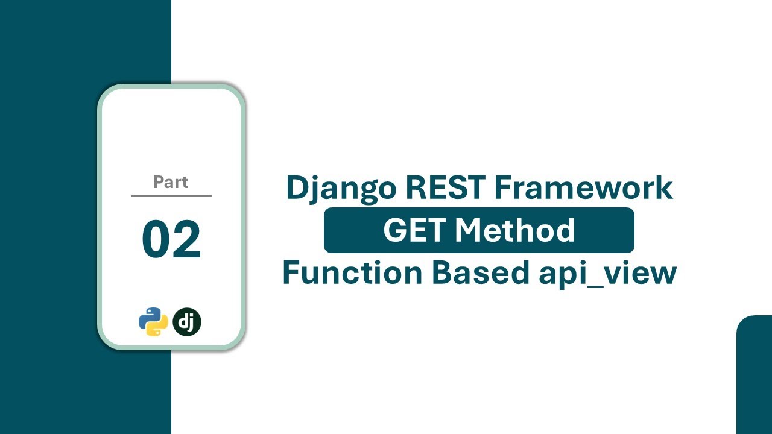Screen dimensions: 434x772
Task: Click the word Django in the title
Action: click(341, 188)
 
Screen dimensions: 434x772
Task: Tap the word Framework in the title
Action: click(584, 187)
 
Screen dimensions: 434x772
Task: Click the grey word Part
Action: click(171, 182)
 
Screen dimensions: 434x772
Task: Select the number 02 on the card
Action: click(171, 240)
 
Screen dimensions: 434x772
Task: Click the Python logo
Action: click(153, 322)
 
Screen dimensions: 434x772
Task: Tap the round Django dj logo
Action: click(187, 322)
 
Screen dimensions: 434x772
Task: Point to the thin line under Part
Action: click(171, 196)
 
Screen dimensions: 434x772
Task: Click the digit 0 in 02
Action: click(156, 240)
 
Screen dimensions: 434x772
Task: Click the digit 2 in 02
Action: click(187, 240)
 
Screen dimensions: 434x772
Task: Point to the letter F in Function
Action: click(290, 272)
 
